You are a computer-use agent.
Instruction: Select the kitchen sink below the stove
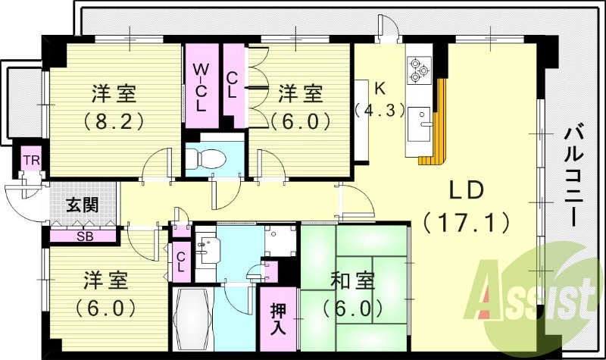419,124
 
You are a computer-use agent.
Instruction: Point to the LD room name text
464,190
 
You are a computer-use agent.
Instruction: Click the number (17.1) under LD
465,223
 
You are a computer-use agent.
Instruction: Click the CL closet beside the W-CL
234,85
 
